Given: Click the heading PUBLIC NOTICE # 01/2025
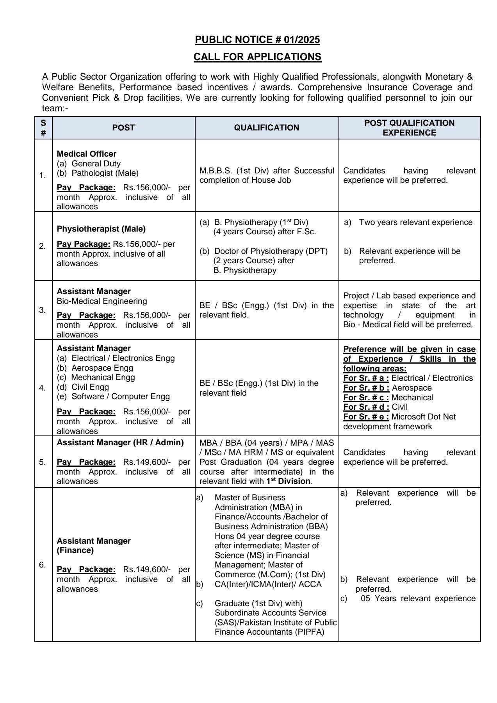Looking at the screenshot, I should pos(257,39).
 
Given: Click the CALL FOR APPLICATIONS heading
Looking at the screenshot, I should pos(257,57).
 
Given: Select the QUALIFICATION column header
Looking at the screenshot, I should pos(267,128).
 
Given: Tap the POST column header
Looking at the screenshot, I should pos(123,128).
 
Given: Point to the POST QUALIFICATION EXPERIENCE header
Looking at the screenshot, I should pos(409,128).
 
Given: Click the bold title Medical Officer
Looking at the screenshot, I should pos(87,154).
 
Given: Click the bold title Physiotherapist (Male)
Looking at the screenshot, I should pos(101,229).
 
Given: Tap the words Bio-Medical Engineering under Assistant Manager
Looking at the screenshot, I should pos(102,301).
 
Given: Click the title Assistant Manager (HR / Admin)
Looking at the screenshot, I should pos(120,442).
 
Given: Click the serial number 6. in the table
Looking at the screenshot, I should pos(42,565).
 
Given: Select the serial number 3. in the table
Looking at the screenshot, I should pos(42,310).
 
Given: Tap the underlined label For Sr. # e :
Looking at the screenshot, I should pos(366,417).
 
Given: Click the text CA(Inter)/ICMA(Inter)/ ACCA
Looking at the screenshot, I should pos(268,584).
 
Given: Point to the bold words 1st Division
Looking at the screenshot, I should pos(289,481).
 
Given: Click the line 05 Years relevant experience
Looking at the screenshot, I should pos(418,598).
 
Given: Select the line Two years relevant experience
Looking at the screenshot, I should pos(415,222).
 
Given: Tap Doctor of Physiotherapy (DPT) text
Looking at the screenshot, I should pos(271,251).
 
